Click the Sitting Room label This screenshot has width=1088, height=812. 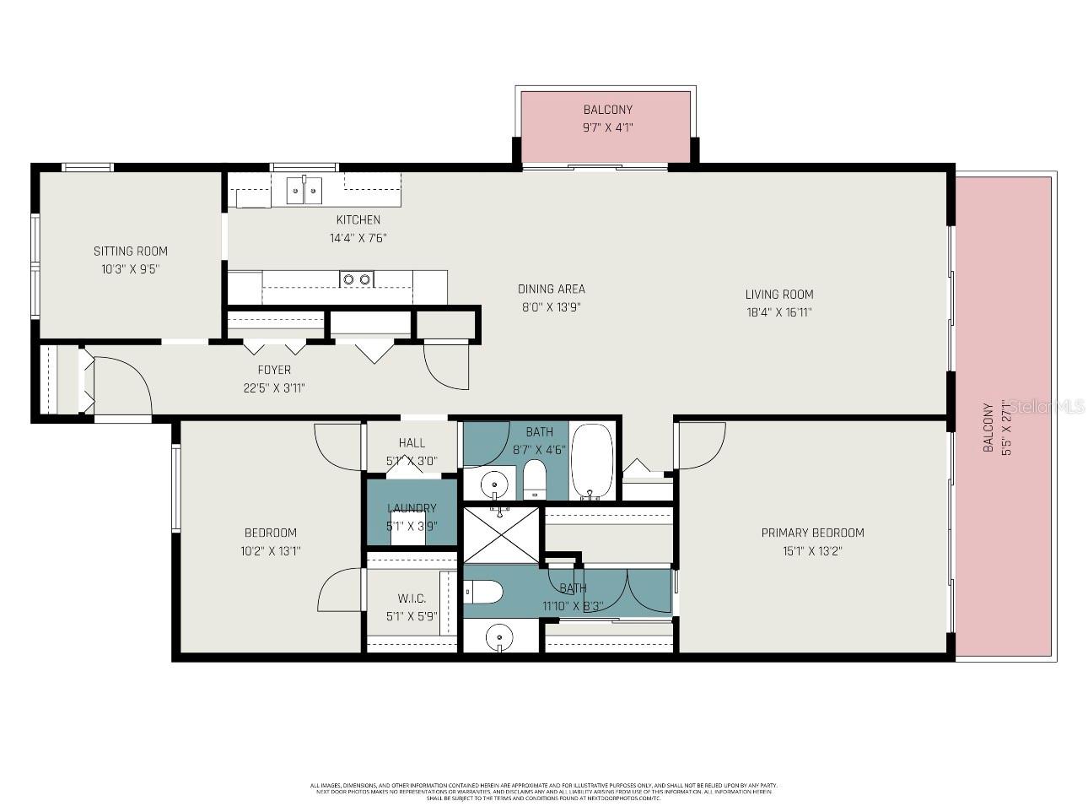tap(130, 251)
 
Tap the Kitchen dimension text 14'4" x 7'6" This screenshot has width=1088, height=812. tap(358, 238)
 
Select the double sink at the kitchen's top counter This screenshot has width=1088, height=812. tap(304, 191)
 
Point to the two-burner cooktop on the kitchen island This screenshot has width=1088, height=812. tap(357, 279)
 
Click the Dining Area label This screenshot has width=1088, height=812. tap(551, 290)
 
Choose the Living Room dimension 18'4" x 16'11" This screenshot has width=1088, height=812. tap(778, 312)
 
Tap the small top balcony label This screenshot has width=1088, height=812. tap(607, 110)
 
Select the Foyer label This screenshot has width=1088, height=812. tap(274, 370)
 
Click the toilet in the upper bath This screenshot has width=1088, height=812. tap(534, 479)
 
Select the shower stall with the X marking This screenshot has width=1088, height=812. tap(501, 534)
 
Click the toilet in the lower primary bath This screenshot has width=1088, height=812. tap(484, 593)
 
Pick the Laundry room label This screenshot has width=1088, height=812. tap(412, 508)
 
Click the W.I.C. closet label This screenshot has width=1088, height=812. tap(412, 598)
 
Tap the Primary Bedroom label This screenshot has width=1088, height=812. tap(812, 533)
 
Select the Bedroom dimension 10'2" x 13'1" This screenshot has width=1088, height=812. tap(270, 551)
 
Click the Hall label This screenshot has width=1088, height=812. tap(412, 443)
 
